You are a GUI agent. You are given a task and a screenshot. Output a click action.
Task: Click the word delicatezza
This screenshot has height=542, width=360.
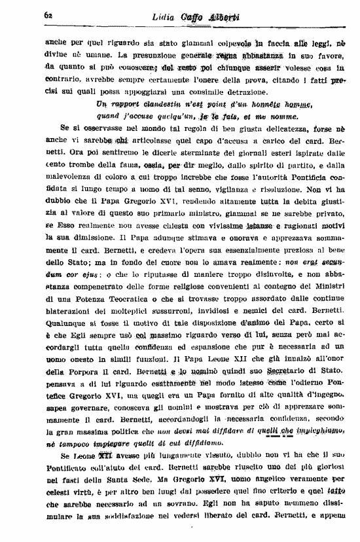pyautogui.click(x=254, y=128)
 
